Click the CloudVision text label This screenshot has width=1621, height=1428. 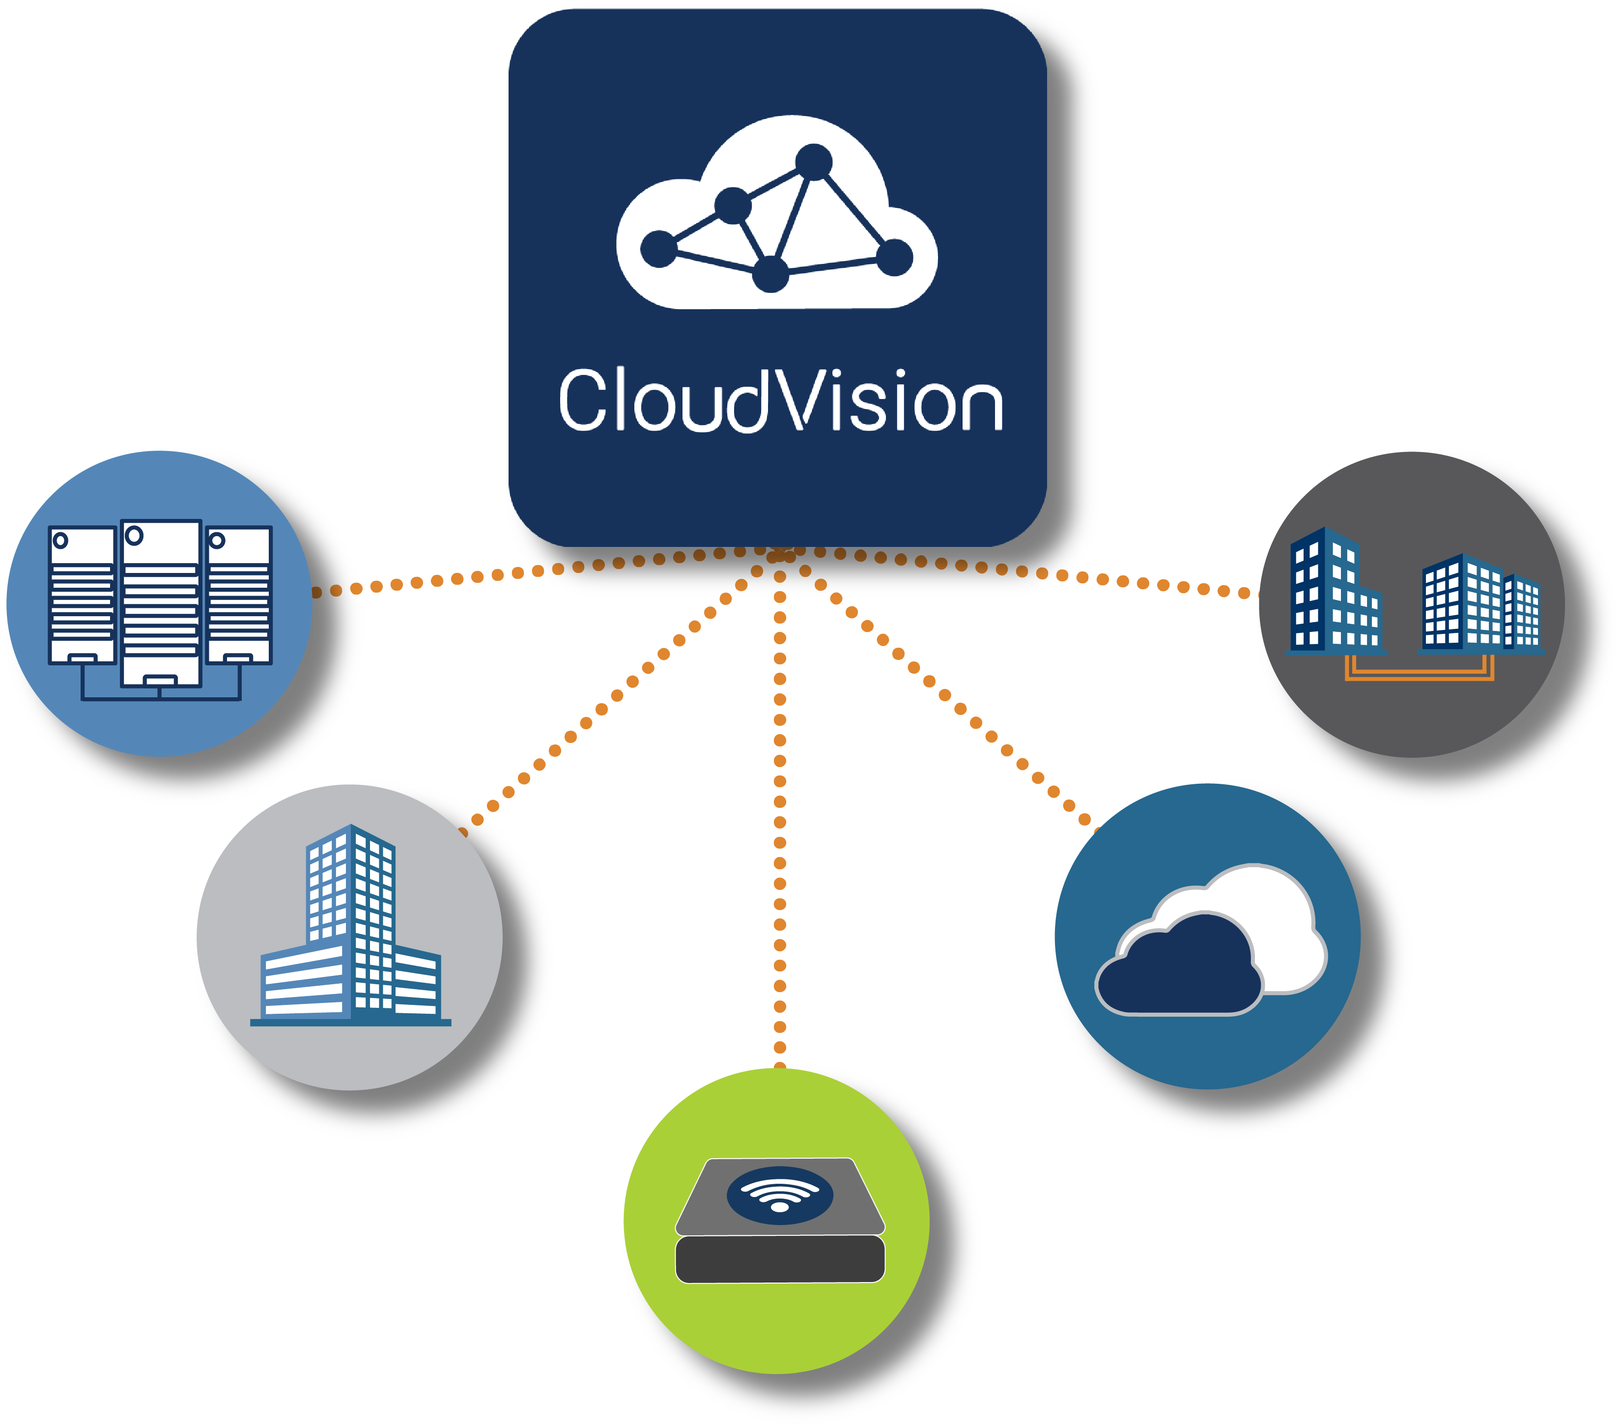click(781, 401)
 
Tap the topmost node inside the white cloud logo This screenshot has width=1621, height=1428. click(814, 162)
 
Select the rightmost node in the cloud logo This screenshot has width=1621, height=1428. click(895, 257)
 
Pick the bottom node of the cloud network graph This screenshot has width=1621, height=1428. click(770, 274)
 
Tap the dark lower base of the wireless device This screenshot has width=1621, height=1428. click(780, 1258)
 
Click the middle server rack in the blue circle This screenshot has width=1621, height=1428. click(161, 606)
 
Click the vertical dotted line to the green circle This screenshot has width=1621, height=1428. click(780, 832)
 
